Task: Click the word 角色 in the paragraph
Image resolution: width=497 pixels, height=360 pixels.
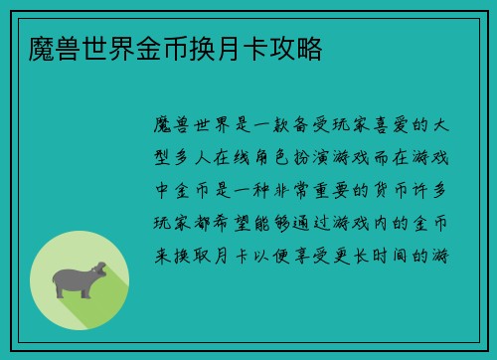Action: click(x=293, y=156)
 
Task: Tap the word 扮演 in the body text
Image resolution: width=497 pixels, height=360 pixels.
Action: click(x=341, y=156)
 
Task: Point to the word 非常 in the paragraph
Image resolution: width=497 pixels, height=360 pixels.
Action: click(x=293, y=189)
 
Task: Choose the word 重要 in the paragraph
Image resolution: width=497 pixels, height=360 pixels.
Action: click(x=341, y=189)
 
